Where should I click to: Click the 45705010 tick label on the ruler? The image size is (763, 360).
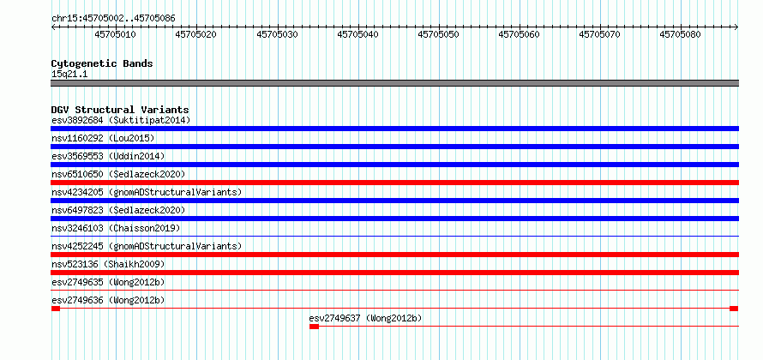(116, 34)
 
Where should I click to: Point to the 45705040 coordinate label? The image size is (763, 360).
(357, 34)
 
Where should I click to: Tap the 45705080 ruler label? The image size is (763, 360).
(681, 34)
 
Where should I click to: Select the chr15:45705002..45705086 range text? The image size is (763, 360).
(113, 18)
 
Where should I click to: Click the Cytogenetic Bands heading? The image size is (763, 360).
(102, 63)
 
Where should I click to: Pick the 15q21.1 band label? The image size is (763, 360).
(69, 74)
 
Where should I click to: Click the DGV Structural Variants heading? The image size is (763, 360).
(120, 110)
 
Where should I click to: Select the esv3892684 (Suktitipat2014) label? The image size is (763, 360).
(121, 120)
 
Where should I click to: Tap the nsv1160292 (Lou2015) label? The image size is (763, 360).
(103, 138)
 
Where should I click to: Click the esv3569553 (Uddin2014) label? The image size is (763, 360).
(108, 156)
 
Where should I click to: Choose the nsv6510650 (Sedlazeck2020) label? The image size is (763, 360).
(118, 174)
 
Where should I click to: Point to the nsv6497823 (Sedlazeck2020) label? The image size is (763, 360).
(118, 210)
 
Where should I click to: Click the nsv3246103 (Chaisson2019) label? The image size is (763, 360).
(116, 228)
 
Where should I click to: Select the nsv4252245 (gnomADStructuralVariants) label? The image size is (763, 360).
(147, 246)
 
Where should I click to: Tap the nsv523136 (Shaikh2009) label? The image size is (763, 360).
(108, 264)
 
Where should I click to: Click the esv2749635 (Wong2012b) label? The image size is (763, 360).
(108, 282)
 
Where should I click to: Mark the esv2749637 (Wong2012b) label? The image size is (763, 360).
(365, 318)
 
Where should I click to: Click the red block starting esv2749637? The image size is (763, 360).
(314, 327)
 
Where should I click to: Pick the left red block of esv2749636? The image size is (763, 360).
(56, 309)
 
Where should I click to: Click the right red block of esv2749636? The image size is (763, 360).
(734, 309)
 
